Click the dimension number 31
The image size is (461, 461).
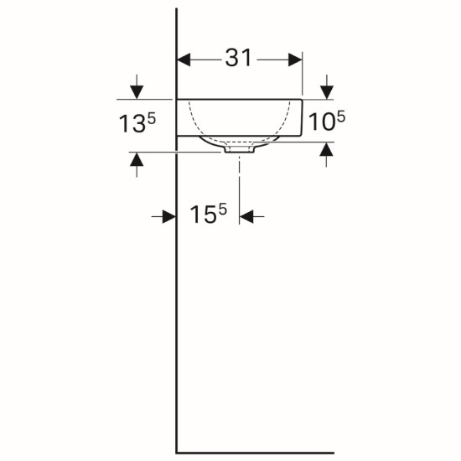(238, 58)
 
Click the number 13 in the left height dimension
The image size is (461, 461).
(132, 123)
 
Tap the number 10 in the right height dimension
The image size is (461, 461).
(322, 122)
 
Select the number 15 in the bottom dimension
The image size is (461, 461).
(203, 215)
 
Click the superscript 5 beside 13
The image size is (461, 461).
(151, 119)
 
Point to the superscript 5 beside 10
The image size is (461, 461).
(341, 117)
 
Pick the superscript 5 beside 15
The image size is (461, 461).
(223, 210)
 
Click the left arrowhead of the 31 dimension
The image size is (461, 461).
(184, 60)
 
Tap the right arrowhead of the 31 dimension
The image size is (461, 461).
(295, 60)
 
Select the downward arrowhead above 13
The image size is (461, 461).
(137, 92)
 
